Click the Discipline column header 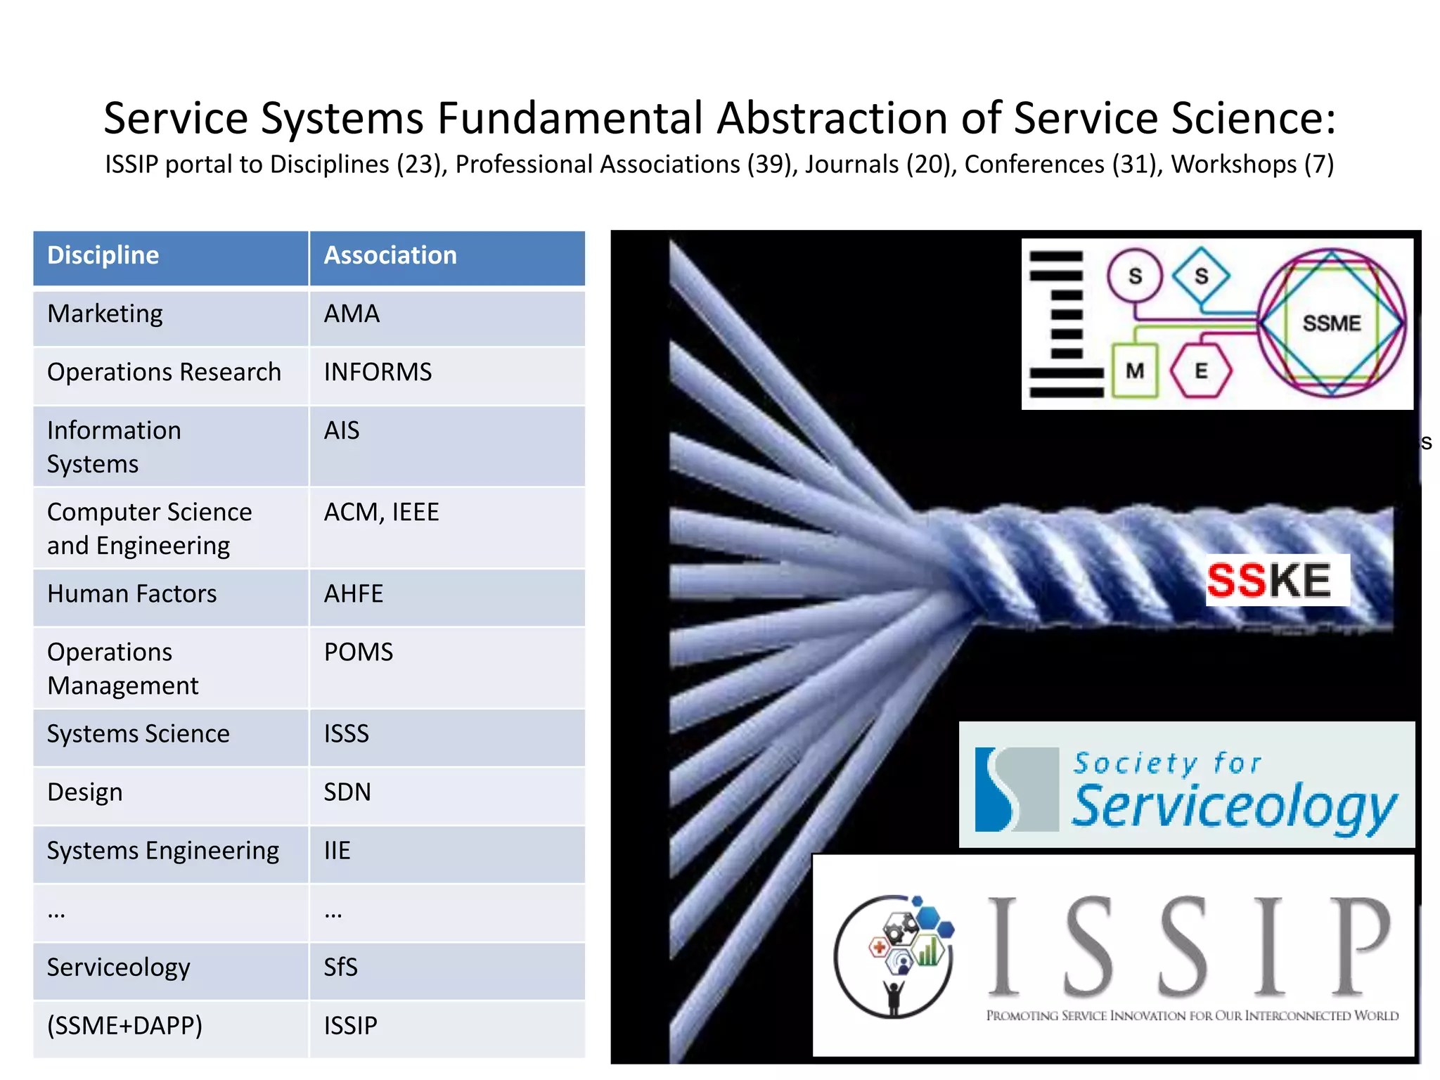[x=103, y=255]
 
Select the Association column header [x=390, y=255]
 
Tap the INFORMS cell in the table [x=378, y=372]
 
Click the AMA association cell [x=352, y=314]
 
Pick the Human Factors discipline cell [x=132, y=594]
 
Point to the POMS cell [x=359, y=652]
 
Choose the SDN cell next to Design [x=347, y=792]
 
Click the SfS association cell [x=341, y=967]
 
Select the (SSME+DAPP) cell [x=125, y=1026]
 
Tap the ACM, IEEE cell [x=382, y=513]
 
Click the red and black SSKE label [x=1270, y=581]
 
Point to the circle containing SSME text [x=1332, y=323]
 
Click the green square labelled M [x=1135, y=370]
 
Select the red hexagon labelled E [x=1201, y=371]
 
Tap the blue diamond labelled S [x=1202, y=276]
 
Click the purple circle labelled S [x=1135, y=276]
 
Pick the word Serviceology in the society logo [x=1235, y=806]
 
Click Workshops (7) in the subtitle [x=1252, y=165]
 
